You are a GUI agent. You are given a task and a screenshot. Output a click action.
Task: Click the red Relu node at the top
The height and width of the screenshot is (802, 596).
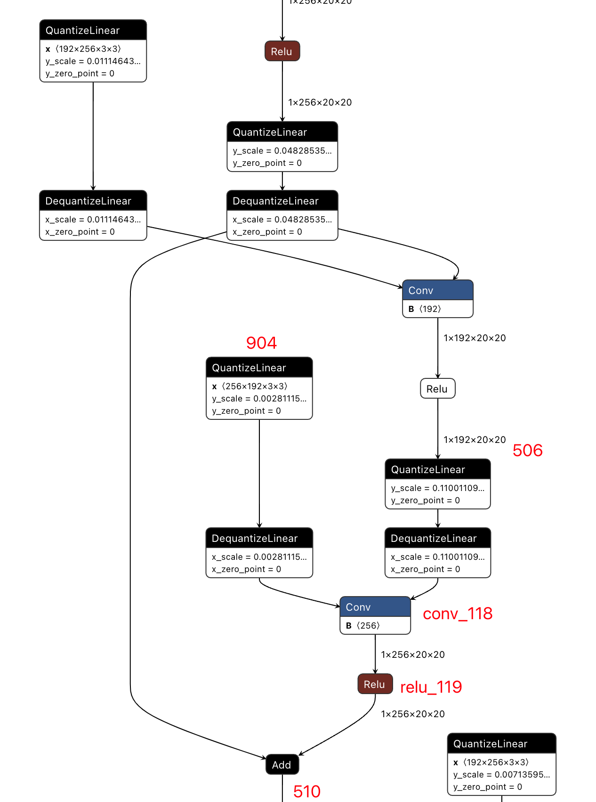tap(282, 51)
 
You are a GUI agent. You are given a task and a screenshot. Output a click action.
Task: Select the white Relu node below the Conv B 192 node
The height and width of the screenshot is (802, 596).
tap(437, 389)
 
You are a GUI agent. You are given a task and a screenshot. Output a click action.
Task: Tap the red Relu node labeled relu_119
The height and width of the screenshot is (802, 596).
tap(375, 684)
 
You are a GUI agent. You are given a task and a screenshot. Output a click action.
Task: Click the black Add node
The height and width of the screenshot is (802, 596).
tap(282, 765)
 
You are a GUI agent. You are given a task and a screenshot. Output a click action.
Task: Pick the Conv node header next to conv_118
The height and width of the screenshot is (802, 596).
tap(375, 607)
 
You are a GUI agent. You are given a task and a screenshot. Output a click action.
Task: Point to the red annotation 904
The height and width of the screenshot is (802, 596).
tap(261, 343)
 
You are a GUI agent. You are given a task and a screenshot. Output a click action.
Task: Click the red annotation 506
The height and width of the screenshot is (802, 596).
tap(527, 450)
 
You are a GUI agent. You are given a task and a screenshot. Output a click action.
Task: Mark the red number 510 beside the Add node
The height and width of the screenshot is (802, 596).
tap(306, 792)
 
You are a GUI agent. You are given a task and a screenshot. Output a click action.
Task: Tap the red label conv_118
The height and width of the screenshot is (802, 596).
tap(457, 614)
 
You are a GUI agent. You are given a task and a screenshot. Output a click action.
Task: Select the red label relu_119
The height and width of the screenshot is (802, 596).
tap(431, 687)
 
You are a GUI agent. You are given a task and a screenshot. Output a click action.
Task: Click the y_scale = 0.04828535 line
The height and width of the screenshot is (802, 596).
tap(282, 151)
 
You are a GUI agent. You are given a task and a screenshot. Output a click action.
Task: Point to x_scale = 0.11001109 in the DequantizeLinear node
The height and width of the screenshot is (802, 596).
tap(437, 557)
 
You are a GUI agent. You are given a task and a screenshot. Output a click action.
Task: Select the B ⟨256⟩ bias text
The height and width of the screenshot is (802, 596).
tap(362, 626)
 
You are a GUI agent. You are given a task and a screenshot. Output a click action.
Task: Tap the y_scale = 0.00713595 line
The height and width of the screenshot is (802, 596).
tap(501, 775)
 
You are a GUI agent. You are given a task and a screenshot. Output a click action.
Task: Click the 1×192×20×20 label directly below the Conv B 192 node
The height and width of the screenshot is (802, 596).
tap(475, 338)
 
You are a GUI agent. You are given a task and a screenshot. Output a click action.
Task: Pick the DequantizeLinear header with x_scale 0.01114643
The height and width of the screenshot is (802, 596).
tap(93, 201)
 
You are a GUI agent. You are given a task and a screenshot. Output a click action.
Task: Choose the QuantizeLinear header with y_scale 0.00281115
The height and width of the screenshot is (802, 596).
tap(259, 368)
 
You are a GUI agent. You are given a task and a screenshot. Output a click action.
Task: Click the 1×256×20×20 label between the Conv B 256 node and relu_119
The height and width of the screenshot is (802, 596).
tap(412, 655)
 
